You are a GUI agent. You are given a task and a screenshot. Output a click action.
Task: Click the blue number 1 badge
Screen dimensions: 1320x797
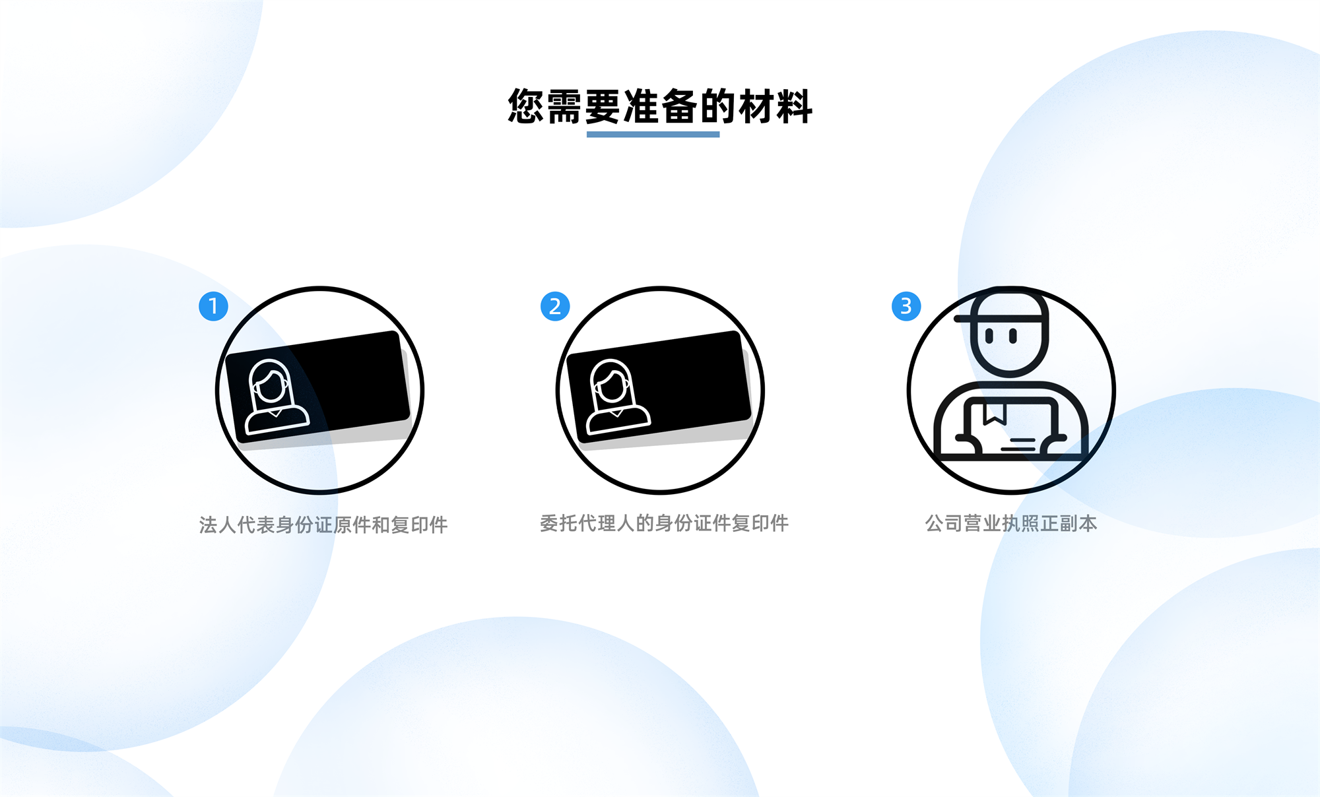213,306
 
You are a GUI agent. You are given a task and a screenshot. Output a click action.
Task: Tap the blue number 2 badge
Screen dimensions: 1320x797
555,306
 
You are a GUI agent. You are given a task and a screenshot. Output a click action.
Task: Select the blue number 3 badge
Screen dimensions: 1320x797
906,306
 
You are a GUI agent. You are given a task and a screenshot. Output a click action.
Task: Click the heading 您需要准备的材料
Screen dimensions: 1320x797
660,106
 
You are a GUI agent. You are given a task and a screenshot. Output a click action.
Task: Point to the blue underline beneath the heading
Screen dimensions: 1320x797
653,135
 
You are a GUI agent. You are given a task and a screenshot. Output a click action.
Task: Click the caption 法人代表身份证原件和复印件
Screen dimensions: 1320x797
323,525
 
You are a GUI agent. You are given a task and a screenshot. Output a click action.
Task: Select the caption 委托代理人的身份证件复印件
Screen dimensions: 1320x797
664,523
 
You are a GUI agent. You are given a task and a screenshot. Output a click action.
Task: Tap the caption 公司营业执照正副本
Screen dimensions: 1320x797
1010,523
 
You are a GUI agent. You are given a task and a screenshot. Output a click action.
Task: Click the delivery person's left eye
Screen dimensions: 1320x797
989,336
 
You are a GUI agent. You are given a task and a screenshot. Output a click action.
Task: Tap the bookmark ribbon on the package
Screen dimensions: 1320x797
994,414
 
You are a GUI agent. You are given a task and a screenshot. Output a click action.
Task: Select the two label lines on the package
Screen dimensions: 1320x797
1019,443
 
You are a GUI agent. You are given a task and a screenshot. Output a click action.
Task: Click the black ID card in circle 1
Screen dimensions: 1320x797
317,387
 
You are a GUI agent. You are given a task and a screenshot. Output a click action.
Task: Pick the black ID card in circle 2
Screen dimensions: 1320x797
659,387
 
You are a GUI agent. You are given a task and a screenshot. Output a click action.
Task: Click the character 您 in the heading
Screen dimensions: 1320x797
526,106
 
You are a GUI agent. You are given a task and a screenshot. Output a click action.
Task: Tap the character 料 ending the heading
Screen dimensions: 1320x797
794,106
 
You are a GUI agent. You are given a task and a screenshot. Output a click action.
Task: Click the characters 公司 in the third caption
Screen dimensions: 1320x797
944,523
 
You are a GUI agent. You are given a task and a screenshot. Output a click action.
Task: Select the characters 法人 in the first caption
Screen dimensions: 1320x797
218,525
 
